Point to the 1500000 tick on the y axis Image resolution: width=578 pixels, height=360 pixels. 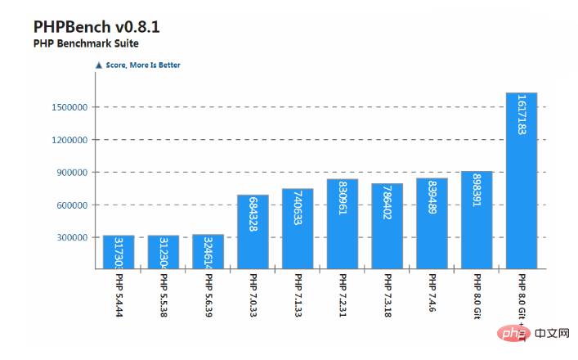(69, 107)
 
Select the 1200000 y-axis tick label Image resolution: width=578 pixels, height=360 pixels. (69, 140)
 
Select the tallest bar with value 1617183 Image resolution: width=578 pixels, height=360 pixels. (521, 180)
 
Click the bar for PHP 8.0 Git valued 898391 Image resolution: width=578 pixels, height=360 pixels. (477, 219)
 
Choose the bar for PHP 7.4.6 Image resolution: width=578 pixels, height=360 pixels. (432, 223)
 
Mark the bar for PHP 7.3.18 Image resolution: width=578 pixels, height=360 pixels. (387, 225)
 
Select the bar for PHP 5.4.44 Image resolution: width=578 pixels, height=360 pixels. (119, 252)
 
